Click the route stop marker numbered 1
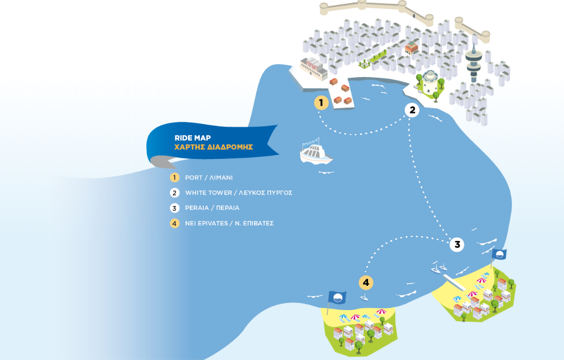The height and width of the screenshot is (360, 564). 321,102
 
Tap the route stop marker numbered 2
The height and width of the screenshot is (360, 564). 411,110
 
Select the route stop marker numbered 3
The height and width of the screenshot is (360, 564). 457,244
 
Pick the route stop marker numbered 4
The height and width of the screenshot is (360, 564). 365,283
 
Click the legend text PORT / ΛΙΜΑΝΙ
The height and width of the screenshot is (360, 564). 209,178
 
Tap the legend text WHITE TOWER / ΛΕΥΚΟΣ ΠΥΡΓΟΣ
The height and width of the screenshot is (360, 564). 239,193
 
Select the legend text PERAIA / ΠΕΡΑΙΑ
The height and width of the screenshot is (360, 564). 212,208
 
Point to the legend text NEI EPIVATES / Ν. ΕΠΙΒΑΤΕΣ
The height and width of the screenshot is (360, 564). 229,223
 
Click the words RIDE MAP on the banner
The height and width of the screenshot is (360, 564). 192,137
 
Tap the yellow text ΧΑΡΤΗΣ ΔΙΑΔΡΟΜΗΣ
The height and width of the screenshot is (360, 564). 214,147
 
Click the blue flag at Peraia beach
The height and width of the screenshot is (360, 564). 499,254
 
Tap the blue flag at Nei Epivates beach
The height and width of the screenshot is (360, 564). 337,297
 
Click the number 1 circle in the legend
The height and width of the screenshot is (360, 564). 175,178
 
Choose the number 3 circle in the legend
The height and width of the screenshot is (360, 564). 175,208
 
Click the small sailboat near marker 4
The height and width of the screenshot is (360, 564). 364,297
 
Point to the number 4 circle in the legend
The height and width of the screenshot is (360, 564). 175,223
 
